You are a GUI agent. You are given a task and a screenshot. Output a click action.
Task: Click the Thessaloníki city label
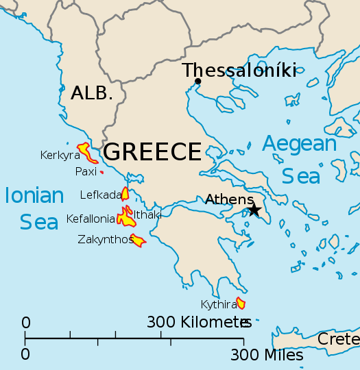pyautogui.click(x=239, y=70)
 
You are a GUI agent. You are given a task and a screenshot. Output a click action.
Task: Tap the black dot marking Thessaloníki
pyautogui.click(x=197, y=82)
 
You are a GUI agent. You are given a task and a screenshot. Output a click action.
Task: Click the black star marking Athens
pyautogui.click(x=254, y=210)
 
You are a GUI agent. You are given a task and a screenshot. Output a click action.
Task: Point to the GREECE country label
pyautogui.click(x=152, y=151)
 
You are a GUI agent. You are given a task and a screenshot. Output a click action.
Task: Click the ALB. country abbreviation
pyautogui.click(x=91, y=94)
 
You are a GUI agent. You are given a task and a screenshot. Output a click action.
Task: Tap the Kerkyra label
pyautogui.click(x=60, y=155)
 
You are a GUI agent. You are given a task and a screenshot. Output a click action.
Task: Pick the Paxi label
pyautogui.click(x=86, y=171)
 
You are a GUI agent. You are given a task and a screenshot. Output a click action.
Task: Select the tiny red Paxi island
pyautogui.click(x=101, y=172)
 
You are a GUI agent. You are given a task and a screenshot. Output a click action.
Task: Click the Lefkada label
pyautogui.click(x=100, y=195)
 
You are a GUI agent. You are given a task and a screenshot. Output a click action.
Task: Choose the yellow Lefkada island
pyautogui.click(x=125, y=193)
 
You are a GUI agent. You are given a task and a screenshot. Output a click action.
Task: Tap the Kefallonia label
pyautogui.click(x=91, y=219)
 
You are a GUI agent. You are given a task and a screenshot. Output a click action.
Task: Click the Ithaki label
pyautogui.click(x=147, y=214)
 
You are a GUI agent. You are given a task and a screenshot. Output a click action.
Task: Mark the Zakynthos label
pyautogui.click(x=105, y=239)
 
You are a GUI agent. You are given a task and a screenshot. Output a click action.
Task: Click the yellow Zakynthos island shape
pyautogui.click(x=137, y=240)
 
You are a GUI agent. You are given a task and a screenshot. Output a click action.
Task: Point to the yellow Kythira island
pyautogui.click(x=241, y=303)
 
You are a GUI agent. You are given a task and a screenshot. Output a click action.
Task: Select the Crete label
pyautogui.click(x=338, y=339)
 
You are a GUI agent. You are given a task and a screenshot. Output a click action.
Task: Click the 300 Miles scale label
pyautogui.click(x=267, y=355)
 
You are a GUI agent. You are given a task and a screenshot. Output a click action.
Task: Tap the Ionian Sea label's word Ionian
pyautogui.click(x=34, y=196)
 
